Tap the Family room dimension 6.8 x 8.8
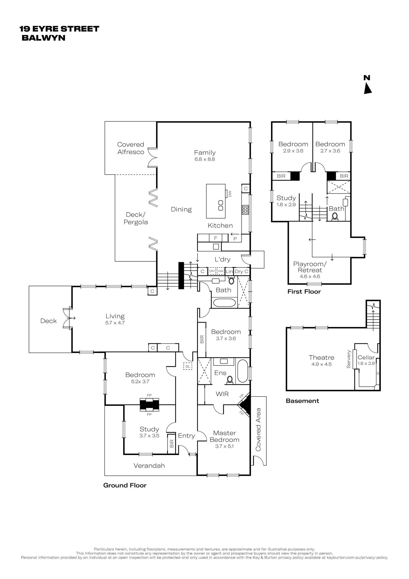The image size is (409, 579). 204,159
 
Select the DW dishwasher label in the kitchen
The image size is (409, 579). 230,194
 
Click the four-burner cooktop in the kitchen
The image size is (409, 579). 245,210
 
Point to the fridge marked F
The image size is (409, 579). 216,238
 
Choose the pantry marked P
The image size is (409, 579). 235,238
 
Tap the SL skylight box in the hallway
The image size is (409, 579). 188,366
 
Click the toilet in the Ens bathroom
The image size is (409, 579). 230,380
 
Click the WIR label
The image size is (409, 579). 222,394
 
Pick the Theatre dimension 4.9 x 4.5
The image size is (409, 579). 321,364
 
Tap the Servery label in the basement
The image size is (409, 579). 349,359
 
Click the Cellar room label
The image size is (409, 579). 366,357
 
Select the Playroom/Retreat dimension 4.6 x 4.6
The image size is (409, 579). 310,276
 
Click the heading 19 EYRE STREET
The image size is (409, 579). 59,29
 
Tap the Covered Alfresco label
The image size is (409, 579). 131,148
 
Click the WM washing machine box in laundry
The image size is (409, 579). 221,271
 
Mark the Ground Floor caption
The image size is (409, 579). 125,485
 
